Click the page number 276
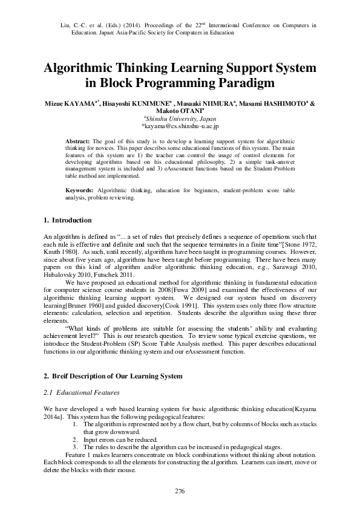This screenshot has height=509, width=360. tap(180, 490)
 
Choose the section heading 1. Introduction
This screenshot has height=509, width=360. tap(68, 220)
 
